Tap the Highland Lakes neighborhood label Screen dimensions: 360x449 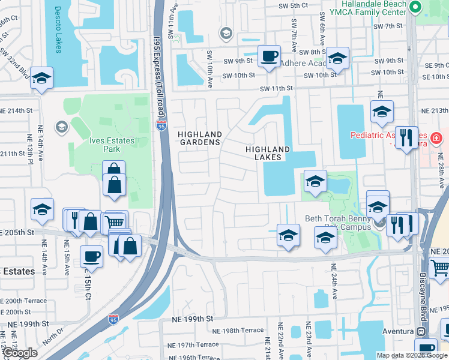268,153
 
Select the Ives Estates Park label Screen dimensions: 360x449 112,145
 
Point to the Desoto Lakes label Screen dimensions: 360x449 58,29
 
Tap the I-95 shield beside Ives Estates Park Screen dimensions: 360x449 161,125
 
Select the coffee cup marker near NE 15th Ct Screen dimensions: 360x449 91,256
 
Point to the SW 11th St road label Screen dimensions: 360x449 276,88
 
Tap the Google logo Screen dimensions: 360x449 20,353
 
